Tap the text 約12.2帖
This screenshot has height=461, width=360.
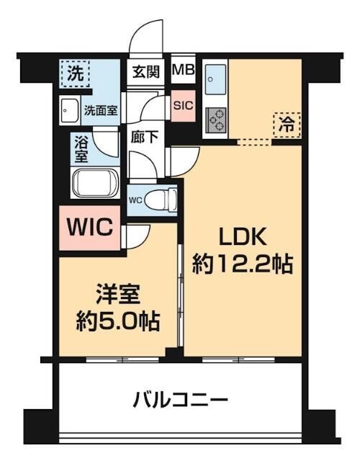click(242, 264)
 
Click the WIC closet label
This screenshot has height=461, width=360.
click(90, 228)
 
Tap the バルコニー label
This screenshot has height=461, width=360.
click(180, 398)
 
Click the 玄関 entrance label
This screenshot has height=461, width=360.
click(146, 72)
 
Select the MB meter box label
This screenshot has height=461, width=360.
click(183, 72)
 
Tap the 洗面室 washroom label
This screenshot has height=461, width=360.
click(101, 112)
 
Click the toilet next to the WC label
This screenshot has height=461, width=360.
click(165, 197)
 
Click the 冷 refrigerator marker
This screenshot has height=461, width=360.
click(286, 123)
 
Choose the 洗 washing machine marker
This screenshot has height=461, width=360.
click(75, 72)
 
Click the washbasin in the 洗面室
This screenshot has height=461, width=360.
click(71, 111)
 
